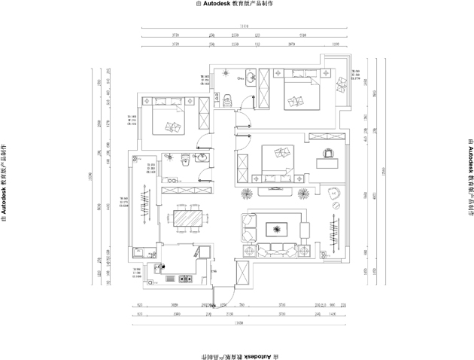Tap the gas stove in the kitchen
pos(184,279)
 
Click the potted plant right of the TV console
pos(302,193)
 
